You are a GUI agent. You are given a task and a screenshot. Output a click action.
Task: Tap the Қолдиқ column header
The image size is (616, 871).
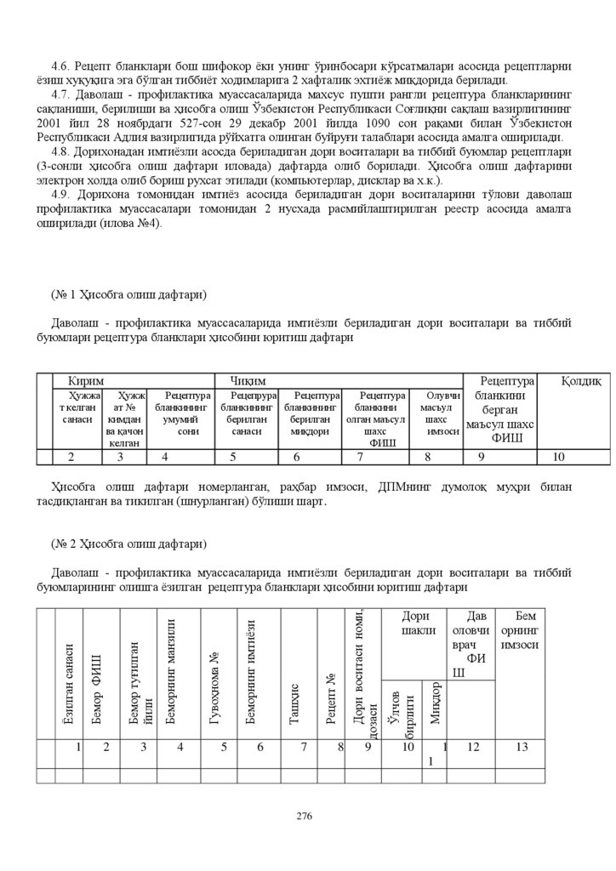pos(581,380)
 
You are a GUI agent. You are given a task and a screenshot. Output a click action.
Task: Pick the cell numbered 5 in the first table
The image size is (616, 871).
pos(232,458)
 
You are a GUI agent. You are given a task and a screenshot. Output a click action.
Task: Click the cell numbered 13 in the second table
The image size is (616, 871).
pos(522,748)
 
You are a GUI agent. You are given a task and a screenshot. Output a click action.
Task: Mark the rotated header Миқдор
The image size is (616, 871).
pos(435,703)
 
